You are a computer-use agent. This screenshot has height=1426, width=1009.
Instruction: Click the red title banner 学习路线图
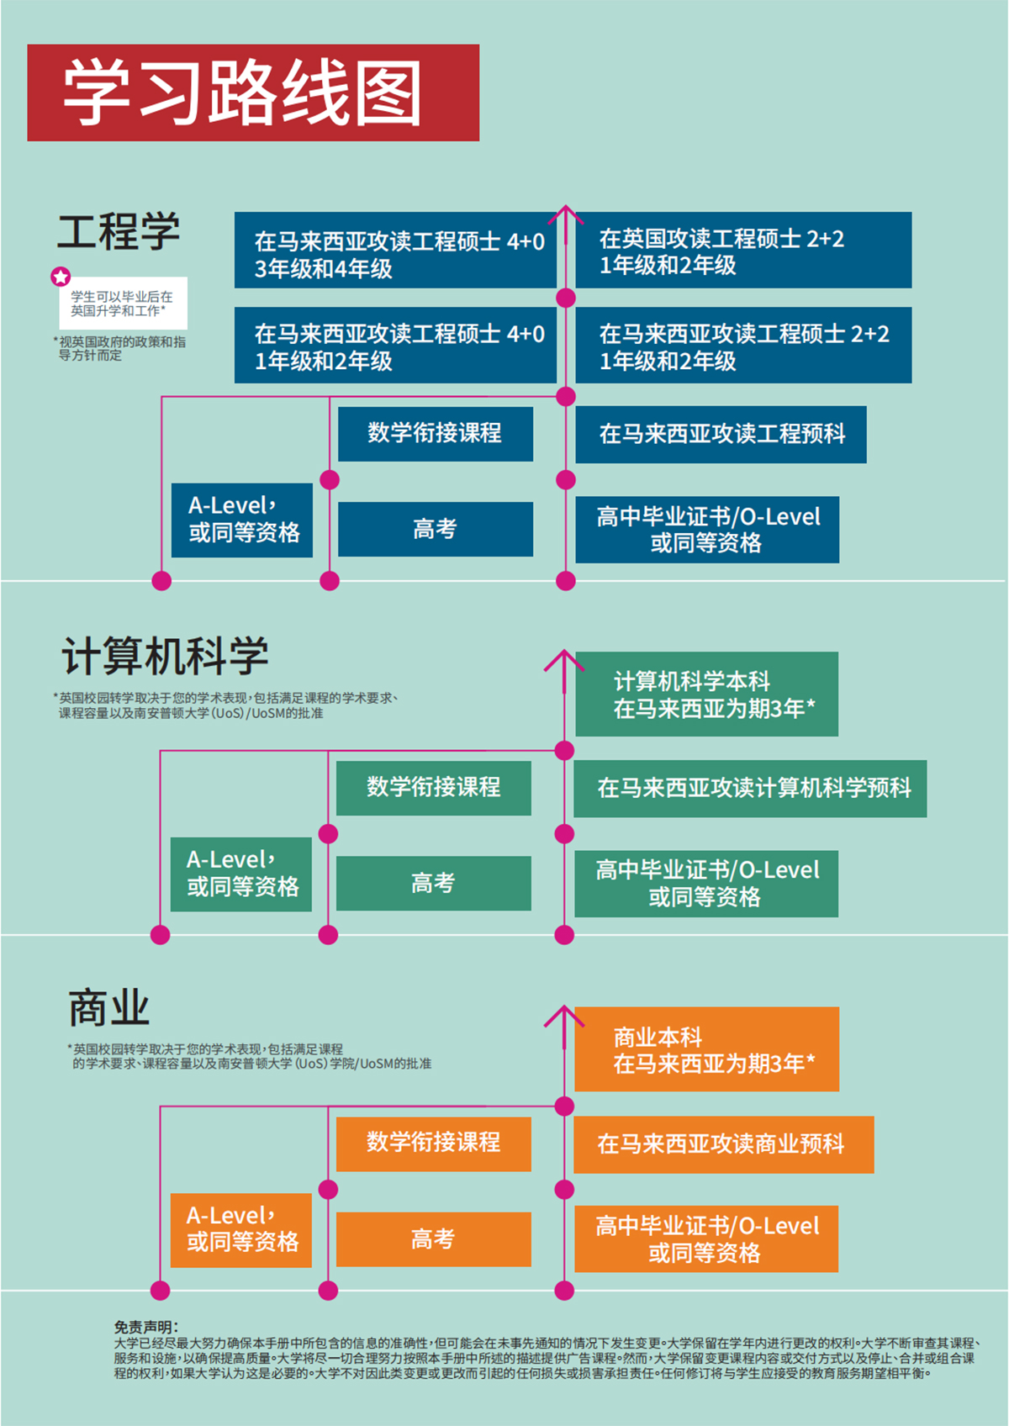252,92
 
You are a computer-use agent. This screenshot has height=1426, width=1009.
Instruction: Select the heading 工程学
119,231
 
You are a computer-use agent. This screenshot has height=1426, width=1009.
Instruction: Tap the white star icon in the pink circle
61,277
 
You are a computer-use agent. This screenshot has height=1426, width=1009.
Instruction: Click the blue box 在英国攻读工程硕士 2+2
743,251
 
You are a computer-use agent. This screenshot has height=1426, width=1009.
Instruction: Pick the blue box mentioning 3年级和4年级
395,251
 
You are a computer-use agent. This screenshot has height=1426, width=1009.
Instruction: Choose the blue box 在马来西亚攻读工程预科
721,434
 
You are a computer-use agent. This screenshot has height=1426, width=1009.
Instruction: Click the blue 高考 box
435,529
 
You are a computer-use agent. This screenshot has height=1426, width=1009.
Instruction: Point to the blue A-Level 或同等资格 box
242,520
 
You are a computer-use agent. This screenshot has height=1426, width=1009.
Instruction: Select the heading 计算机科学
165,656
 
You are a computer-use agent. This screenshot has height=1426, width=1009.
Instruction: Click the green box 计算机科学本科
706,694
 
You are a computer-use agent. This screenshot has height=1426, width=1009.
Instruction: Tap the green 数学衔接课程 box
433,788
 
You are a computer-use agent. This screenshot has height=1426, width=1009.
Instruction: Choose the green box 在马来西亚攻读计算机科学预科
750,789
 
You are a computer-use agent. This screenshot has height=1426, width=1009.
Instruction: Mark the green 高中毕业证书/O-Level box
706,884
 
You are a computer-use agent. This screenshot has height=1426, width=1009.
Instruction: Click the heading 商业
108,1008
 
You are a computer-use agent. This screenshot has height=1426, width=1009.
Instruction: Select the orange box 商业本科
706,1049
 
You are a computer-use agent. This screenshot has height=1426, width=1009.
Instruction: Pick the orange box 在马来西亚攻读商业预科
723,1144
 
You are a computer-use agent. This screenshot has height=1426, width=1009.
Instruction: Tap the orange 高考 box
433,1239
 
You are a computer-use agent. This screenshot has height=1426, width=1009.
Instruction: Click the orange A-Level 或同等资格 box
241,1229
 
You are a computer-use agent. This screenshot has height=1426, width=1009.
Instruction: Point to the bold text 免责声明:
145,1327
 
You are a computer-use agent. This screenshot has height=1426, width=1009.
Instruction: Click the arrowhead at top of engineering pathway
566,210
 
